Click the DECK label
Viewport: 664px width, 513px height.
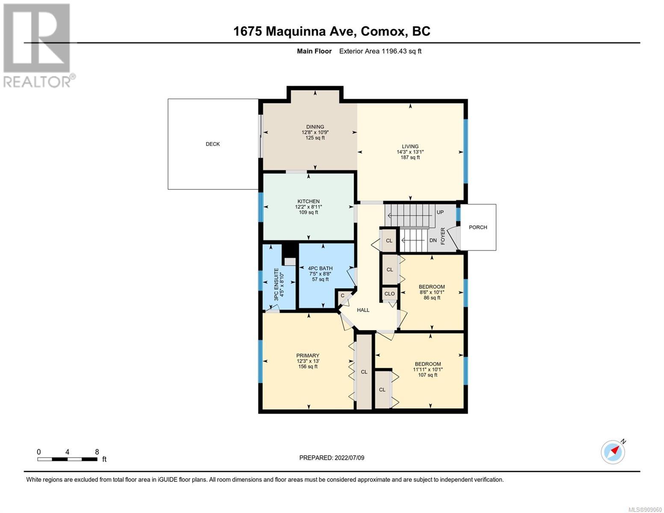point(212,144)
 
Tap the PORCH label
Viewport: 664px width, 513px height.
point(478,227)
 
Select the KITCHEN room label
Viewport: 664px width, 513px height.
point(308,201)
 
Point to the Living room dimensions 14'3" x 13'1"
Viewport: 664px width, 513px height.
point(410,152)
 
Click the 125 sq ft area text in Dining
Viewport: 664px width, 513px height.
point(315,138)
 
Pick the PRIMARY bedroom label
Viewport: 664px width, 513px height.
point(307,355)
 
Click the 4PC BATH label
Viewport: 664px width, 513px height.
point(320,268)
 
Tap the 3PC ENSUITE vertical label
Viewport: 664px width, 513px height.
point(276,284)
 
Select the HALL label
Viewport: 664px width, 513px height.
point(363,310)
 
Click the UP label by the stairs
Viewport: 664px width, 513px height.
point(440,212)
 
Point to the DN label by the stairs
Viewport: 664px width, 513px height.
point(433,240)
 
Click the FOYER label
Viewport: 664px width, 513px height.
point(443,236)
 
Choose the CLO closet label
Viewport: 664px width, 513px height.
point(390,294)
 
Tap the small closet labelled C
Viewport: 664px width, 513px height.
point(342,295)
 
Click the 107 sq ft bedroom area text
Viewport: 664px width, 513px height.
point(428,374)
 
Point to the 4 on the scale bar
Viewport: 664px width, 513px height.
point(67,452)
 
